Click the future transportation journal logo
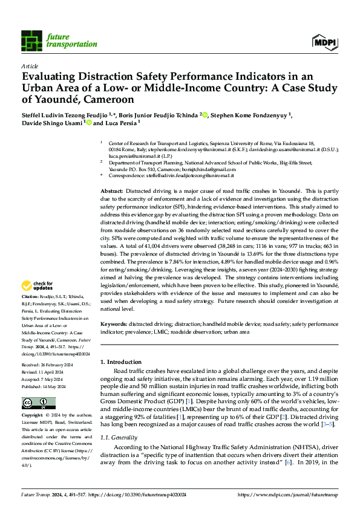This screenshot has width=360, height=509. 59,40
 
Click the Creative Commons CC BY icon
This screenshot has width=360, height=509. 38,403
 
